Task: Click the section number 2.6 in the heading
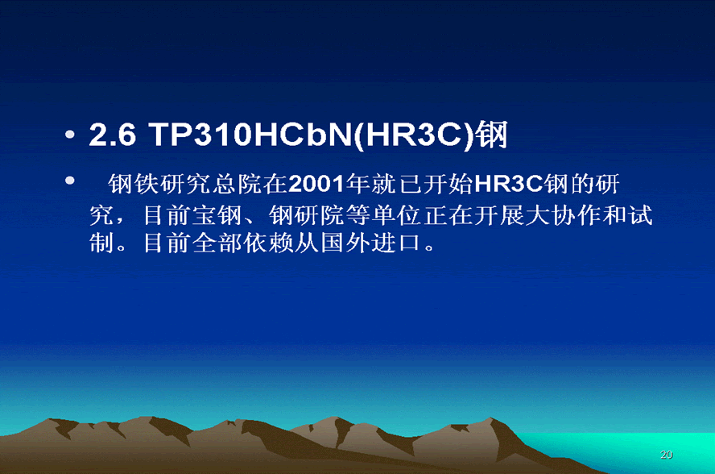point(113,135)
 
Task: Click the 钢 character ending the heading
point(491,135)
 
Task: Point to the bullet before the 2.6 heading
point(70,135)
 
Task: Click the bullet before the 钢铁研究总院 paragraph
point(70,180)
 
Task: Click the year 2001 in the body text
point(316,184)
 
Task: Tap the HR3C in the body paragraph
point(509,184)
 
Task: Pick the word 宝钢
point(217,215)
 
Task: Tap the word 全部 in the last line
point(217,243)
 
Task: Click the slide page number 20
point(666,455)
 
